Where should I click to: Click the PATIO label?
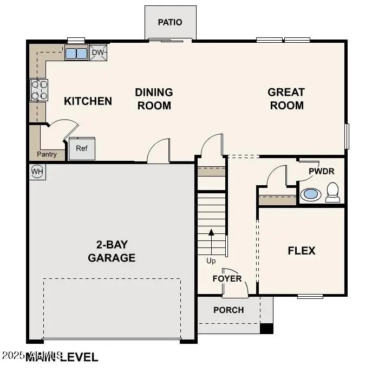pyautogui.click(x=170, y=22)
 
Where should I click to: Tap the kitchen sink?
pyautogui.click(x=76, y=53)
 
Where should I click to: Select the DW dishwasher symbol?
pyautogui.click(x=98, y=53)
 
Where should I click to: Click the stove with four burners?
pyautogui.click(x=39, y=90)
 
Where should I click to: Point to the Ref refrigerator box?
pyautogui.click(x=82, y=148)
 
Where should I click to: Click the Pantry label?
pyautogui.click(x=47, y=154)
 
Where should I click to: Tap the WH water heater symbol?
pyautogui.click(x=37, y=172)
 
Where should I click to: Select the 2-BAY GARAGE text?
pyautogui.click(x=112, y=251)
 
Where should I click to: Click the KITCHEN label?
pyautogui.click(x=88, y=101)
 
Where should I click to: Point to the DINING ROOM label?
pyautogui.click(x=154, y=99)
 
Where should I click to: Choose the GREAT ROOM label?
pyautogui.click(x=286, y=99)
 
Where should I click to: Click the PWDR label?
pyautogui.click(x=322, y=171)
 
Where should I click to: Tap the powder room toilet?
pyautogui.click(x=332, y=192)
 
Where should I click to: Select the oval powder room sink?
pyautogui.click(x=310, y=194)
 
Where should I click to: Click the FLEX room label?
pyautogui.click(x=301, y=251)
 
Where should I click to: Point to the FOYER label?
pyautogui.click(x=227, y=278)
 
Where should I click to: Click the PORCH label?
pyautogui.click(x=229, y=310)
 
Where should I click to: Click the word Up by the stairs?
pyautogui.click(x=211, y=260)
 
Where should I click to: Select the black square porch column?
pyautogui.click(x=267, y=328)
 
